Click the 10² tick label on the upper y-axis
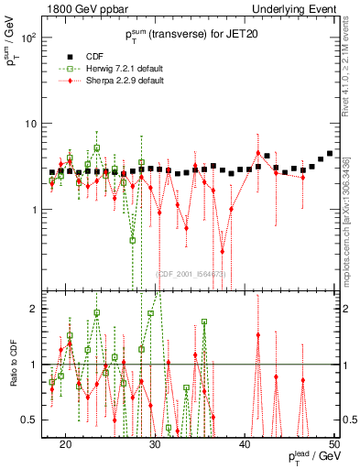[x=27, y=38]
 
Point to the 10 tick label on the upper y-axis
[x=31, y=124]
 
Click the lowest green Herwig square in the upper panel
[x=133, y=241]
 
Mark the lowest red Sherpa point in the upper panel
[x=222, y=251]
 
